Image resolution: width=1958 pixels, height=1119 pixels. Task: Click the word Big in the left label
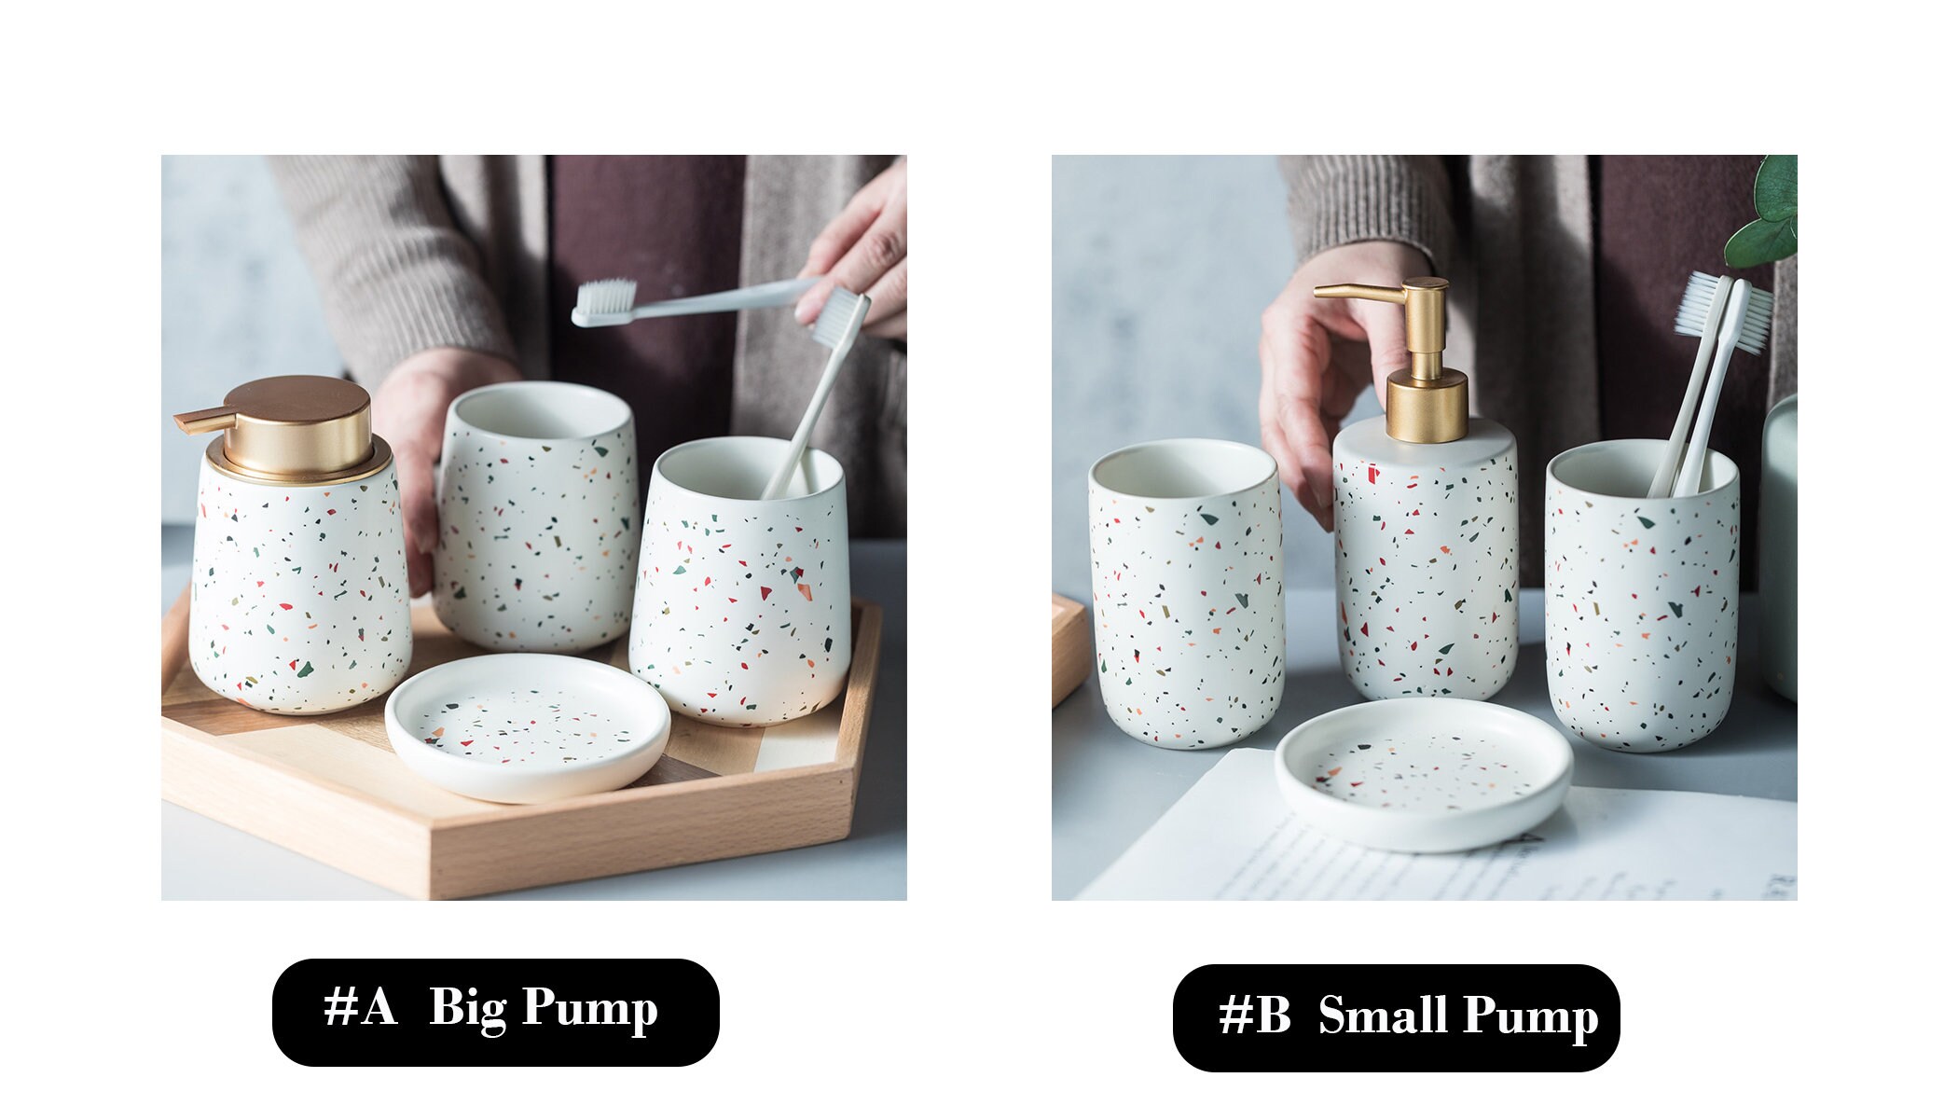point(466,1009)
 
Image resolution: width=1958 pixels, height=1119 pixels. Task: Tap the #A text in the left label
point(360,1007)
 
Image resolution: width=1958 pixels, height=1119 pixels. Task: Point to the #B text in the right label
point(1255,1015)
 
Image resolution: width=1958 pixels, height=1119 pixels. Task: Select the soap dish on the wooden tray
point(527,726)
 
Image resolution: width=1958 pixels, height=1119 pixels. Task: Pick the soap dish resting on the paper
point(1423,773)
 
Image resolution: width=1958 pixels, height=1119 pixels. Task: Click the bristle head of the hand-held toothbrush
point(604,299)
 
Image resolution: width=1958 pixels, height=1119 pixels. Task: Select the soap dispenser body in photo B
point(1425,569)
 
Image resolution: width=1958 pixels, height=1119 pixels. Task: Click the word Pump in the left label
point(589,1009)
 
